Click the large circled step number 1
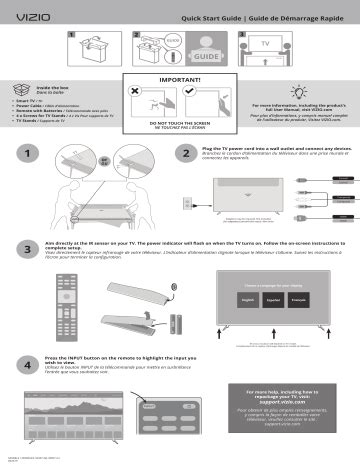pos(23,156)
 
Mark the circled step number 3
pos(23,247)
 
